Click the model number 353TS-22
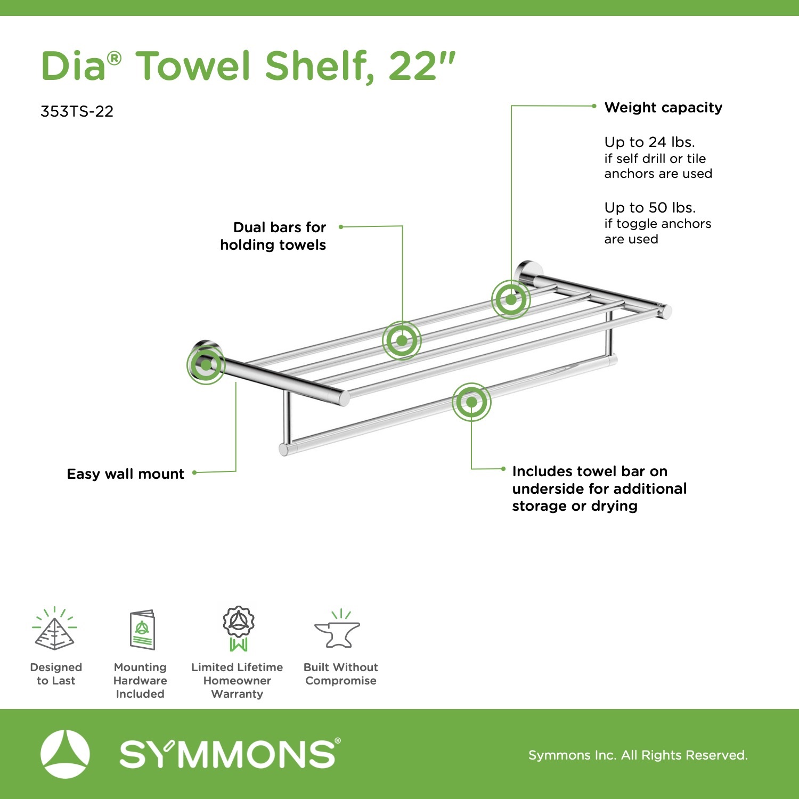pyautogui.click(x=77, y=111)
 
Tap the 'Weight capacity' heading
pyautogui.click(x=663, y=108)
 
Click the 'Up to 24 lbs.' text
pyautogui.click(x=649, y=142)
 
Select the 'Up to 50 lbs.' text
pyautogui.click(x=650, y=207)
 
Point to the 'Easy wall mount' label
pyautogui.click(x=126, y=474)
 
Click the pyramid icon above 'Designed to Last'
pyautogui.click(x=54, y=629)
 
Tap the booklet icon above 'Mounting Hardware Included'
pyautogui.click(x=142, y=630)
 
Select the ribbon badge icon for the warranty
pyautogui.click(x=238, y=629)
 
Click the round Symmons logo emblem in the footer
pyautogui.click(x=65, y=754)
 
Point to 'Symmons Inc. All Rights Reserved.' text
pyautogui.click(x=638, y=755)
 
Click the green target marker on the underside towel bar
pyautogui.click(x=471, y=402)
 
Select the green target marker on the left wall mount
pyautogui.click(x=206, y=365)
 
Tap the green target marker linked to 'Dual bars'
pyautogui.click(x=402, y=340)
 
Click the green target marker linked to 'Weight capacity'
pyautogui.click(x=511, y=299)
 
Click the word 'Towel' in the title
pyautogui.click(x=194, y=66)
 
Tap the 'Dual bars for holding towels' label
pyautogui.click(x=273, y=236)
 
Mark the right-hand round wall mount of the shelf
pyautogui.click(x=527, y=274)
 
